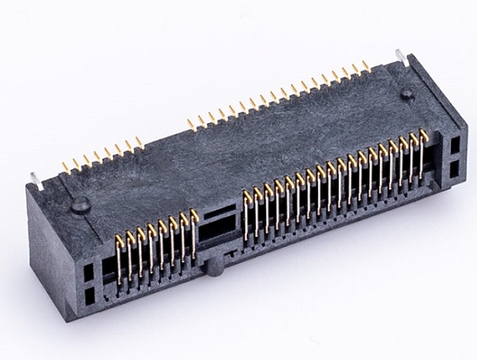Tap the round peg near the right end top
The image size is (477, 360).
[407, 93]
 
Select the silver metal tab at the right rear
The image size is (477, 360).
[396, 57]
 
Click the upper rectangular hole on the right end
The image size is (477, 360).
[453, 142]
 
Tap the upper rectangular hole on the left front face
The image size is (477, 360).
[87, 267]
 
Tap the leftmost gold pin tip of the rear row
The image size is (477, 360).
[65, 166]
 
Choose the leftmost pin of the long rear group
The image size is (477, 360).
[190, 121]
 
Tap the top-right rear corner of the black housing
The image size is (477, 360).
[411, 57]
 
